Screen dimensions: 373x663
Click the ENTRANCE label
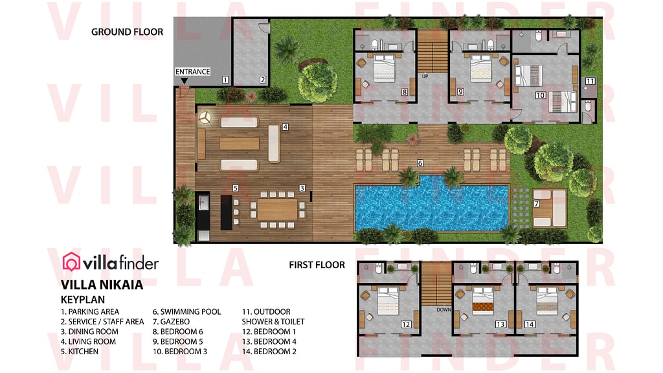(x=193, y=71)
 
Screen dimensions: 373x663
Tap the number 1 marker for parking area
(x=225, y=80)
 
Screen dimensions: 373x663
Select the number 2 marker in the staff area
(x=263, y=80)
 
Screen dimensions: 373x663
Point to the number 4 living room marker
(x=285, y=127)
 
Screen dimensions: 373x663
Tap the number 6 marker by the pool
(x=420, y=163)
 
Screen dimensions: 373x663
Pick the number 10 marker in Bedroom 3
(x=540, y=95)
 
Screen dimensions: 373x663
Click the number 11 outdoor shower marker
(x=590, y=82)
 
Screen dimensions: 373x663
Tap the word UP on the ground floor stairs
(x=425, y=76)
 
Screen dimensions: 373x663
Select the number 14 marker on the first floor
(x=530, y=324)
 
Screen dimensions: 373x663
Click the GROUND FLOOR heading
(x=127, y=32)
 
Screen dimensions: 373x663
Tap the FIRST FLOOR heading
(x=317, y=265)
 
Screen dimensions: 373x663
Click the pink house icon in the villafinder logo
(x=71, y=262)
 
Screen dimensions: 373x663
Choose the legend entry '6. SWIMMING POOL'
(x=186, y=311)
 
